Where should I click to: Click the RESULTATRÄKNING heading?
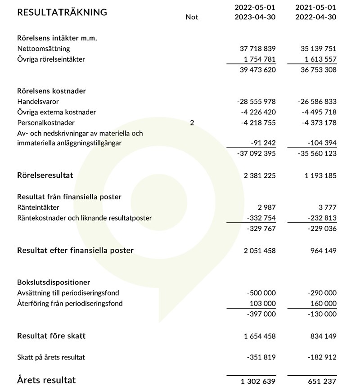click(62, 12)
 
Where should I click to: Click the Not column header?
click(192, 17)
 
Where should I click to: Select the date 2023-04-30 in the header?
click(255, 17)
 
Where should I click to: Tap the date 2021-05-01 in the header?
click(316, 8)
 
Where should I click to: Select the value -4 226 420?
click(256, 112)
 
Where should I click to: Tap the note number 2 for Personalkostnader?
click(192, 122)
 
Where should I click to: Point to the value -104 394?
click(319, 143)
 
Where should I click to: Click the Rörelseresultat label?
click(45, 175)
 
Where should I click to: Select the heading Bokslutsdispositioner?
click(54, 282)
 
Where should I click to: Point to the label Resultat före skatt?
click(51, 336)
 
